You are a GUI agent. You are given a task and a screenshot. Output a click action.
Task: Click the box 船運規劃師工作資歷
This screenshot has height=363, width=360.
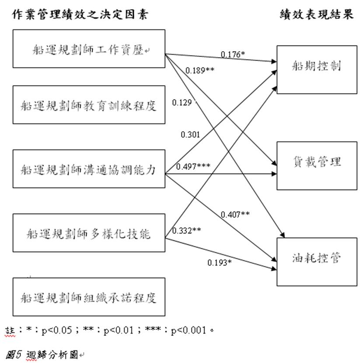(x=89, y=49)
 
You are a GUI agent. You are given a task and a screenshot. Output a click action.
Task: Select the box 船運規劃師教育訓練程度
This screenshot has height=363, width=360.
(x=89, y=105)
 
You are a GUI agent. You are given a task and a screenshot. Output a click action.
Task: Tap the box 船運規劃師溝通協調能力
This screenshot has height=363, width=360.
(x=89, y=169)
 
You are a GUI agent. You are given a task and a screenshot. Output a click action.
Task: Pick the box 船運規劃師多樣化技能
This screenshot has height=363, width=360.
(x=89, y=233)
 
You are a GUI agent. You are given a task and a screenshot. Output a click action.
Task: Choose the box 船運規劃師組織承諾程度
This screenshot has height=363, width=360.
(x=89, y=297)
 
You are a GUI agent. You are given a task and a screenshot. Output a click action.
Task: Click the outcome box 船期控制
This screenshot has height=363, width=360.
(x=317, y=70)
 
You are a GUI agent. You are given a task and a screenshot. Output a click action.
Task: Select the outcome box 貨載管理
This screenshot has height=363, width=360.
(x=317, y=166)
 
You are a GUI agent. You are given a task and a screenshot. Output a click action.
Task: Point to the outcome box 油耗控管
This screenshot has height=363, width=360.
(x=317, y=262)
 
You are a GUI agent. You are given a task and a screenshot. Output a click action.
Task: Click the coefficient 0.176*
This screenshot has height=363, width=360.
(x=233, y=54)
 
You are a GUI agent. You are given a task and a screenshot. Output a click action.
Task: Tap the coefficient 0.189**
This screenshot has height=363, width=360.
(x=200, y=70)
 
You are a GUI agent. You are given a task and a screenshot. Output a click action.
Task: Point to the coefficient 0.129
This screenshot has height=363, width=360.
(x=182, y=102)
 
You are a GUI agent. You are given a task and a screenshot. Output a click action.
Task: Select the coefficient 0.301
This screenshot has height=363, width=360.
(x=190, y=134)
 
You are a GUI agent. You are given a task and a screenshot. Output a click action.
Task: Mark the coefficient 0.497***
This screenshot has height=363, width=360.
(x=193, y=166)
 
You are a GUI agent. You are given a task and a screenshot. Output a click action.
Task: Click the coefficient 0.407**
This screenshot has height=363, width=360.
(x=235, y=215)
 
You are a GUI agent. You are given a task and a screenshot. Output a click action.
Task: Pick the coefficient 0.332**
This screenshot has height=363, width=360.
(x=187, y=231)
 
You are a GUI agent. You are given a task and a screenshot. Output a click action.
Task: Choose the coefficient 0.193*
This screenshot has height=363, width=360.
(x=220, y=263)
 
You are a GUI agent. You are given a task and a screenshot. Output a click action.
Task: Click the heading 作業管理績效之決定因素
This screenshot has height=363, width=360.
(x=80, y=14)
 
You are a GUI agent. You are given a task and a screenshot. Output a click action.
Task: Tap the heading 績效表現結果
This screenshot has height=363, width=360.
(x=317, y=14)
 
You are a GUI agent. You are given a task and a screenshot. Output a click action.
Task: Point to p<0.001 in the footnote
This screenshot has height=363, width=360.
(x=189, y=330)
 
